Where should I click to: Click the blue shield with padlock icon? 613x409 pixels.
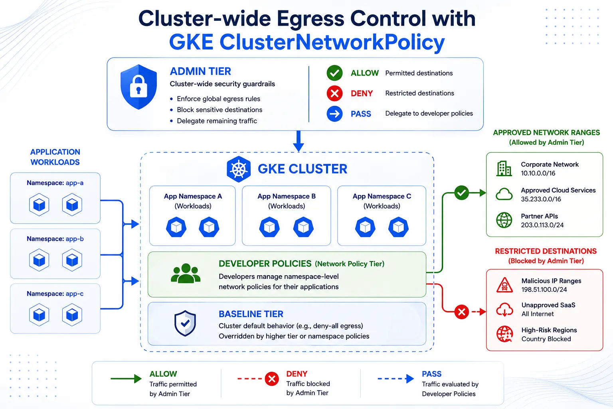tap(139, 87)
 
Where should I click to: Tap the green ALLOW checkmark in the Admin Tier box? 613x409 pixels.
tap(334, 73)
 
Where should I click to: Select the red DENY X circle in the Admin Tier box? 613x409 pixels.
tap(334, 93)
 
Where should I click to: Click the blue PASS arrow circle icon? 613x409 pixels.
tap(334, 114)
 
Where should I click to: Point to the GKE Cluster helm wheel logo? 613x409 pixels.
tap(239, 169)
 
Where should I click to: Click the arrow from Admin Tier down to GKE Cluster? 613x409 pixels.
tap(298, 141)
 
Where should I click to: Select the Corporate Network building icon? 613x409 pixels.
tap(504, 168)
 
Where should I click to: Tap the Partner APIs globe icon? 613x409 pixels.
tap(504, 220)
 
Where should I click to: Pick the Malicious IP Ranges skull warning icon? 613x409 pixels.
tap(504, 285)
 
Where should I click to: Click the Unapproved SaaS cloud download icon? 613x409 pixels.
tap(504, 310)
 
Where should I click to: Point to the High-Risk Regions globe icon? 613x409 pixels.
tap(504, 334)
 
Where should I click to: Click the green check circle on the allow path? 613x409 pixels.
tap(461, 193)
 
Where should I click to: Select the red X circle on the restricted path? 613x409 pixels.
tap(462, 312)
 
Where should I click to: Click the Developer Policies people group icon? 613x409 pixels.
tap(186, 273)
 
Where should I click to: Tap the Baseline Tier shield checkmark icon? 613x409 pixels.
tap(185, 323)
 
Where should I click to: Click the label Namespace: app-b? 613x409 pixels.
tap(55, 239)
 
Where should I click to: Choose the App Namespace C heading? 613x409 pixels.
tap(382, 196)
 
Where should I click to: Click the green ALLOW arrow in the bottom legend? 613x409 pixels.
tap(126, 379)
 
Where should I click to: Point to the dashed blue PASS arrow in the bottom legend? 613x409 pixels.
tap(396, 379)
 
